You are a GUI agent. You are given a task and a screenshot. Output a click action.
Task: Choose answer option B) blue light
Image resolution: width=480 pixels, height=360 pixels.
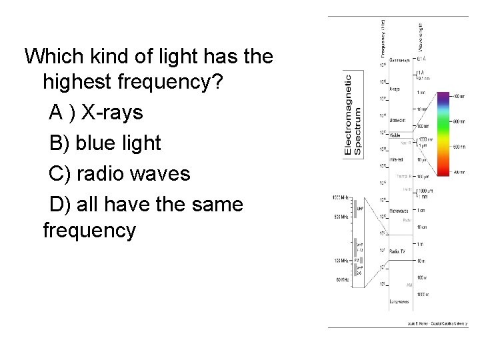tap(105, 143)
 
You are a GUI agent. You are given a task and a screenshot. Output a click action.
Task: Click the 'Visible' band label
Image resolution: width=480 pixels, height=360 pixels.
tap(396, 135)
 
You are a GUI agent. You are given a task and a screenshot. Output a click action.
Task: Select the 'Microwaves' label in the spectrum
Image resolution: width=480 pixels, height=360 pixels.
tap(400, 216)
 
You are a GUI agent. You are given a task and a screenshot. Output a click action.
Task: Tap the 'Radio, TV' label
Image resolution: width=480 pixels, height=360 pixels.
tap(399, 251)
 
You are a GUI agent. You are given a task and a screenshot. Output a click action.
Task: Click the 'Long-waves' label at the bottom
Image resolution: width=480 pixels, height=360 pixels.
tap(399, 301)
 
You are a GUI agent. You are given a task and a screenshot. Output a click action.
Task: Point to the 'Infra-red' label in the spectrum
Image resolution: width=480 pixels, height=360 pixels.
tap(398, 160)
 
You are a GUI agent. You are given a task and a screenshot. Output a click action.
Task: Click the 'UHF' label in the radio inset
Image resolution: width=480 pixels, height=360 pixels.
tap(361, 209)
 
